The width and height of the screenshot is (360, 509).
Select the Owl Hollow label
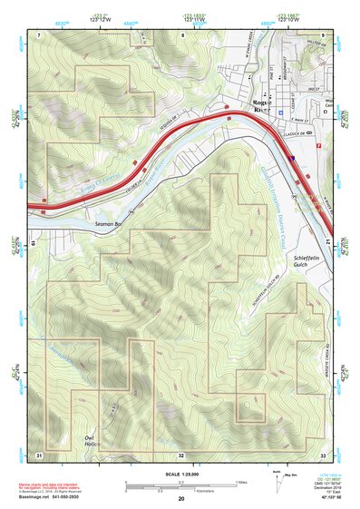(x=90, y=442)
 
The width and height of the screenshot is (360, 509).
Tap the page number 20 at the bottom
(x=181, y=498)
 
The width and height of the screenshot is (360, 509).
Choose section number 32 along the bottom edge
(x=182, y=455)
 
